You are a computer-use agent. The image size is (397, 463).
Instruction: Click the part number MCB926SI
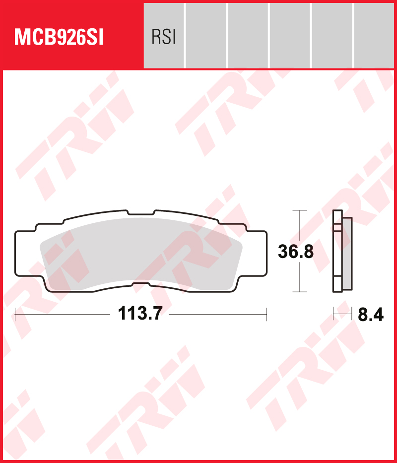(59, 37)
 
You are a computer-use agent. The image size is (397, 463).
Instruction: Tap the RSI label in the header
(163, 37)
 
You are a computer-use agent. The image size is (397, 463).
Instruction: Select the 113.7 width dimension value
(140, 314)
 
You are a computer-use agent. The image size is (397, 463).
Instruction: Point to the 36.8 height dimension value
(295, 252)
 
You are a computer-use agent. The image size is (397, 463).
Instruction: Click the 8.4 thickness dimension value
(371, 315)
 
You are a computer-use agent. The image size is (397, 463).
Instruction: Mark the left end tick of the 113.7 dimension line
(16, 314)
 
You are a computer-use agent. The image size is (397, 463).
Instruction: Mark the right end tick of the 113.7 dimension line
(266, 314)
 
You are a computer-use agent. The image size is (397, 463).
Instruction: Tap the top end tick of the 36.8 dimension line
(298, 210)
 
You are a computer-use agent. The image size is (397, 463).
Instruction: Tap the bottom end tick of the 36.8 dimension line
(298, 292)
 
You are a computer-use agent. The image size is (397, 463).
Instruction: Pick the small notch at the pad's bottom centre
(141, 284)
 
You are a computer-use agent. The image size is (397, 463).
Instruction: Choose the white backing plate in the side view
(337, 253)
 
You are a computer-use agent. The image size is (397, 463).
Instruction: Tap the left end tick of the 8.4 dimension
(333, 314)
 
